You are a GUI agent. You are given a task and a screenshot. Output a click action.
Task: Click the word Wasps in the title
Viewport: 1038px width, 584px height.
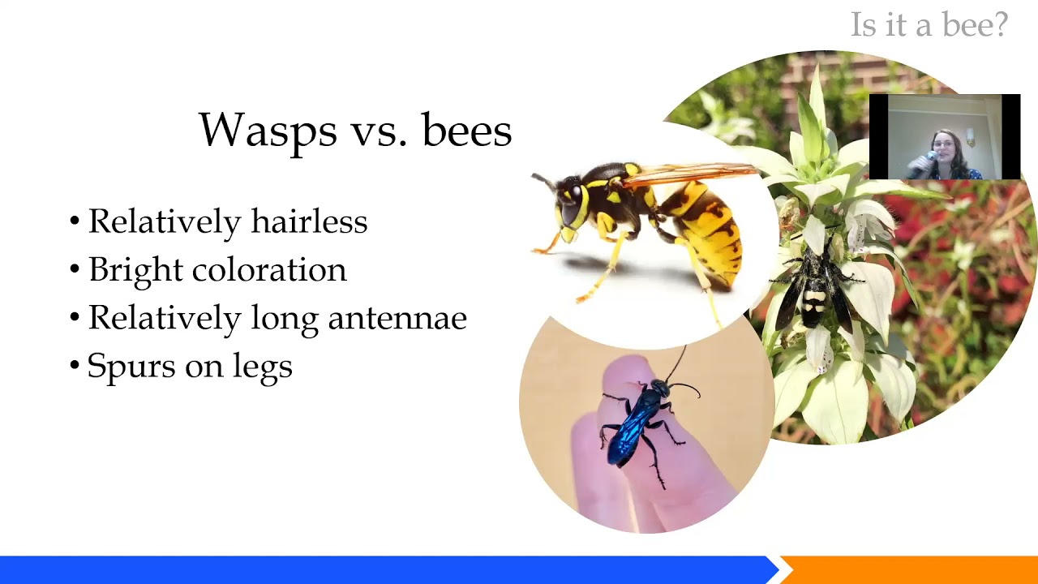click(256, 131)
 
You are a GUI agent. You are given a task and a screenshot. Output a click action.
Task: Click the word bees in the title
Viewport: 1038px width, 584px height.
click(466, 131)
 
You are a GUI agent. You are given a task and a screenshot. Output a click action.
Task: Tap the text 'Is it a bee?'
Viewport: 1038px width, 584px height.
click(929, 25)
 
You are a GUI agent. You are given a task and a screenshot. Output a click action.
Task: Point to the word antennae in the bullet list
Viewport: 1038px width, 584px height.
click(397, 318)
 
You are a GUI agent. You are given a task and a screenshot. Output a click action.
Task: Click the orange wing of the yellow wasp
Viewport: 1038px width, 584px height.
click(697, 172)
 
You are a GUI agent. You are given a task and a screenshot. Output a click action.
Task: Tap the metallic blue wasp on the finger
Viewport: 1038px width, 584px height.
click(637, 422)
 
